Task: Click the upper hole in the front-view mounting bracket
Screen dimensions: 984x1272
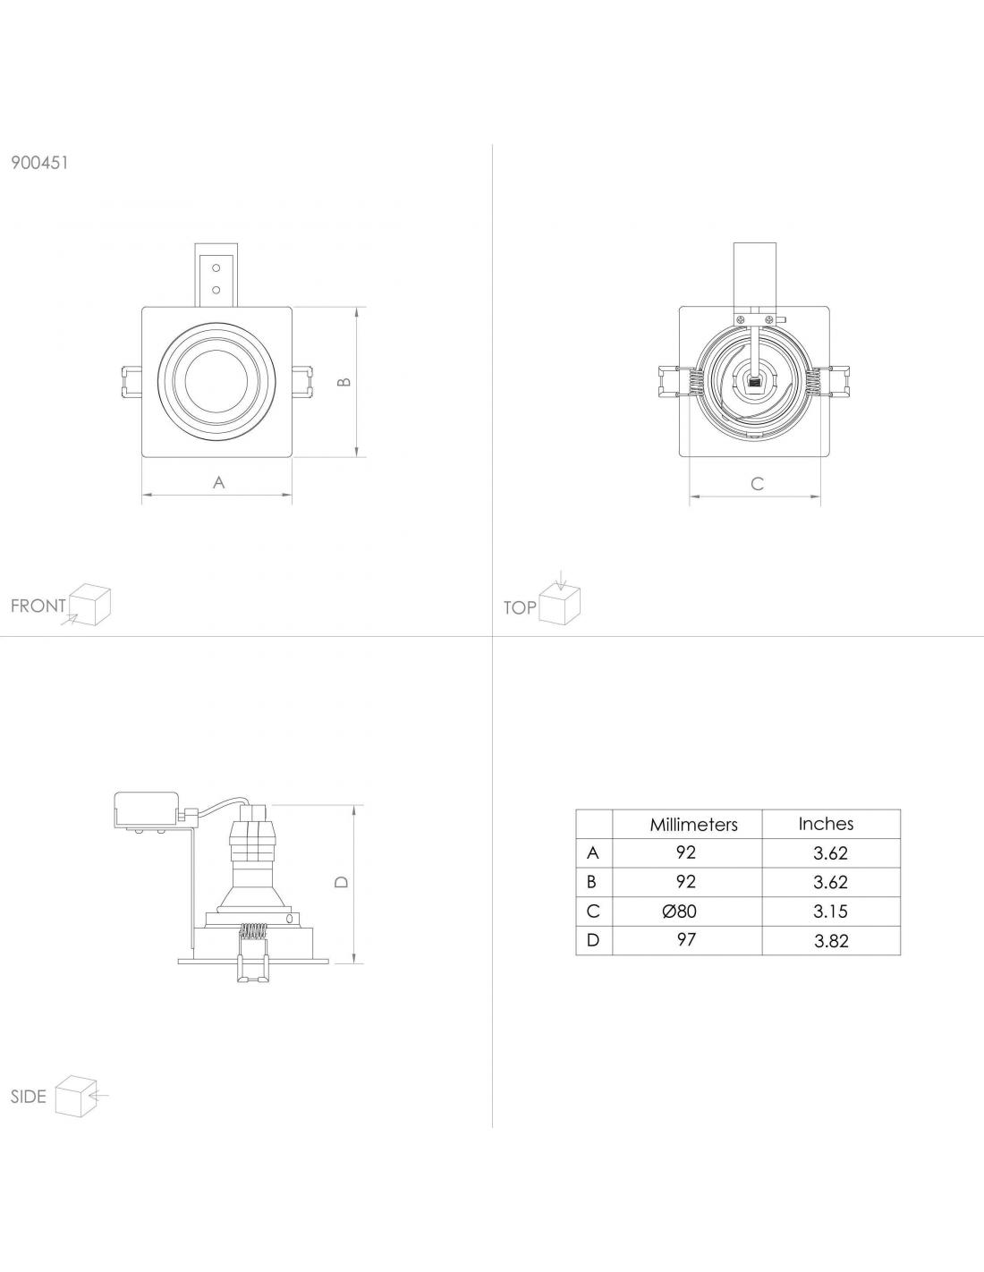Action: point(216,268)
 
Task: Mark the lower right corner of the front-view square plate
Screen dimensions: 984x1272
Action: point(293,456)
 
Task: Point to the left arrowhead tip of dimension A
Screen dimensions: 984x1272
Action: point(142,496)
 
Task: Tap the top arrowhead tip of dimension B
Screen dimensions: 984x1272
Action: point(357,308)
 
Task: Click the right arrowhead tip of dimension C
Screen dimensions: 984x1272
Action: point(820,497)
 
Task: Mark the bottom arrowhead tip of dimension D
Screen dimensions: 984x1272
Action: point(355,962)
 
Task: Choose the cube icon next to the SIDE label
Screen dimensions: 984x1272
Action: point(81,1096)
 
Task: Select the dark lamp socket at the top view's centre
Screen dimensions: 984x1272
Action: point(754,383)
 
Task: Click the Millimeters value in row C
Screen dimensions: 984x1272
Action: point(679,911)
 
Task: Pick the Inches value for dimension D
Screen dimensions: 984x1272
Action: point(831,941)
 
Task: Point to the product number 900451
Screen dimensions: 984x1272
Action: point(39,163)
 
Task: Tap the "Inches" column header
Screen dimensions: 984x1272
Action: point(826,824)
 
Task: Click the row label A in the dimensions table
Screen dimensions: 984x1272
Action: point(593,852)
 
